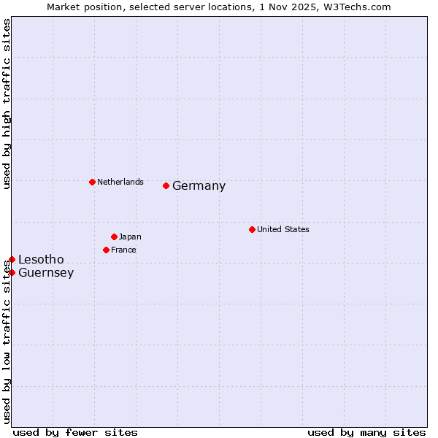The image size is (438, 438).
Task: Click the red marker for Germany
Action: pyautogui.click(x=166, y=185)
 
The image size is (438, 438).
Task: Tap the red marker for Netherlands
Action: pyautogui.click(x=92, y=182)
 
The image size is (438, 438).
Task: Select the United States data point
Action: pyautogui.click(x=252, y=229)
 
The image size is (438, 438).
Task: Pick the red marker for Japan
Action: pyautogui.click(x=114, y=237)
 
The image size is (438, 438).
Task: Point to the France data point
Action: pyautogui.click(x=106, y=250)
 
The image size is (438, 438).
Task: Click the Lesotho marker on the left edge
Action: pyautogui.click(x=12, y=259)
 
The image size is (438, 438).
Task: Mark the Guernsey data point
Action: pyautogui.click(x=12, y=272)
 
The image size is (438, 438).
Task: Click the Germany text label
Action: pyautogui.click(x=199, y=186)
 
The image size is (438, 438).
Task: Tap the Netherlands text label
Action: pyautogui.click(x=120, y=182)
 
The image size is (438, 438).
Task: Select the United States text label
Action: pyautogui.click(x=283, y=229)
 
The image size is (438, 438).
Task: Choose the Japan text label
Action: pyautogui.click(x=130, y=237)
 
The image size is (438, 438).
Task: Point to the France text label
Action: pyautogui.click(x=123, y=250)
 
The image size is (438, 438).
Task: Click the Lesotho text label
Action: pyautogui.click(x=41, y=260)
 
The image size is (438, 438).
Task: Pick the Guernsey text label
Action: pyautogui.click(x=46, y=273)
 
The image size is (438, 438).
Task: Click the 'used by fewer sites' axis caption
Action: pyautogui.click(x=75, y=432)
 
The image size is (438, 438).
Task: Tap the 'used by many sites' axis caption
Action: pyautogui.click(x=366, y=432)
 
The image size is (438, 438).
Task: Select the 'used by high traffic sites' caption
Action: pyautogui.click(x=7, y=104)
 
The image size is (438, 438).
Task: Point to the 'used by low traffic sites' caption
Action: pyautogui.click(x=7, y=342)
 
